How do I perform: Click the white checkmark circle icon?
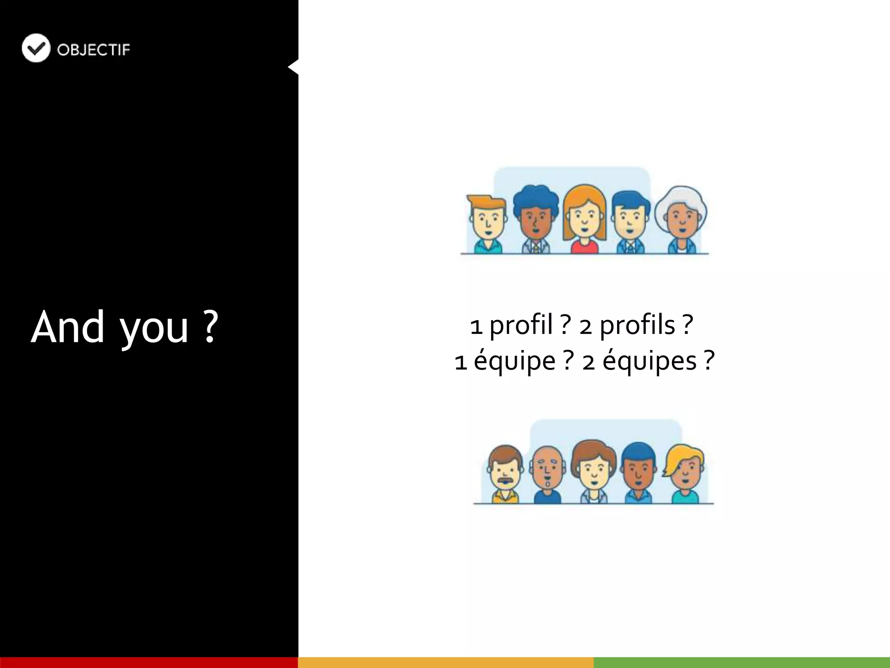pyautogui.click(x=36, y=48)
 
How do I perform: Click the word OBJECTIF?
pyautogui.click(x=93, y=50)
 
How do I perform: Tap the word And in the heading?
pyautogui.click(x=68, y=327)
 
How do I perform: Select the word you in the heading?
pyautogui.click(x=154, y=330)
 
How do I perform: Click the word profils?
pyautogui.click(x=638, y=326)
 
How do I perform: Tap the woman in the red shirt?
pyautogui.click(x=584, y=220)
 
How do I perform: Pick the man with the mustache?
pyautogui.click(x=505, y=474)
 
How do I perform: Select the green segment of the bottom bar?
pyautogui.click(x=741, y=662)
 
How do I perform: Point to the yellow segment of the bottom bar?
pyautogui.click(x=445, y=662)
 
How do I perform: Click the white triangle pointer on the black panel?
pyautogui.click(x=294, y=67)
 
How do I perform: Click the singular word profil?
pyautogui.click(x=521, y=326)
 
